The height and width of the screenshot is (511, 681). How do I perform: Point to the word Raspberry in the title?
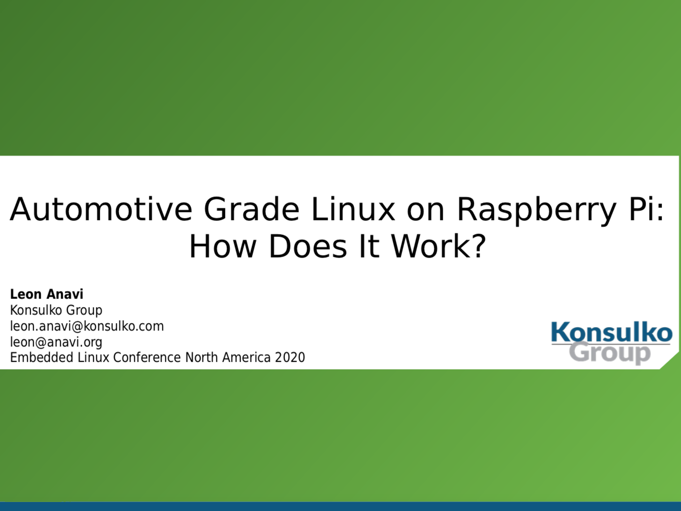(536, 211)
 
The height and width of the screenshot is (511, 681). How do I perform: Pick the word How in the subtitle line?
(223, 246)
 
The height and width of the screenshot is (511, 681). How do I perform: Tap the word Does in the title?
(308, 246)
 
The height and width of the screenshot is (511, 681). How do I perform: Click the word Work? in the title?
(438, 246)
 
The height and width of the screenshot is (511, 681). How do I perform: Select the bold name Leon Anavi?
(47, 294)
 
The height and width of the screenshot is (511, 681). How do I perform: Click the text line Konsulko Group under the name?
(56, 311)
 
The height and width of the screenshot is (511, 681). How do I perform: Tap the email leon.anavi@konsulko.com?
(87, 327)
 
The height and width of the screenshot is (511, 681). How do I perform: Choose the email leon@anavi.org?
(56, 342)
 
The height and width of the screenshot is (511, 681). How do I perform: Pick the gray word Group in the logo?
(609, 353)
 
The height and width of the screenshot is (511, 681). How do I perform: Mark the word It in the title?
(369, 246)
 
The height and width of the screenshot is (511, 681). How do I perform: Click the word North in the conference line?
(202, 357)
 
